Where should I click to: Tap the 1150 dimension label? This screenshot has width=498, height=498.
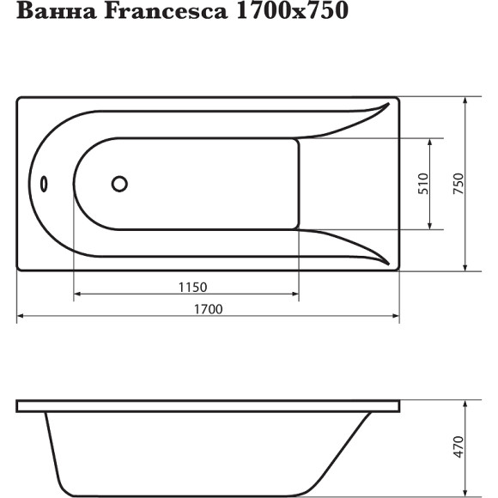(193, 286)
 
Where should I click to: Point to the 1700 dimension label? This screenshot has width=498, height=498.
(209, 309)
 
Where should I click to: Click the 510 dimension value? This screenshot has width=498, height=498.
(423, 185)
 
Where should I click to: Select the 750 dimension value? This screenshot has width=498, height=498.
(458, 185)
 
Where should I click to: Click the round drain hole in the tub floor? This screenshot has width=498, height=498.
(119, 184)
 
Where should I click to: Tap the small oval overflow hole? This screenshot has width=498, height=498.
(45, 184)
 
